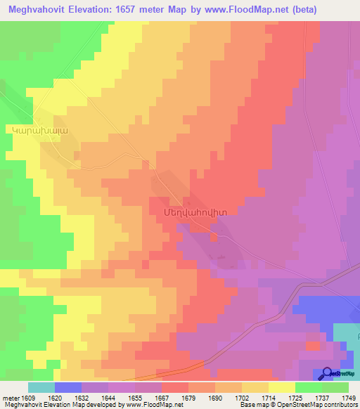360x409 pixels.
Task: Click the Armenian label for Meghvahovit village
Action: pyautogui.click(x=184, y=208)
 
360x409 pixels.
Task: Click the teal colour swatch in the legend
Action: pyautogui.click(x=41, y=387)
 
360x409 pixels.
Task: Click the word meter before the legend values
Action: pyautogui.click(x=9, y=398)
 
